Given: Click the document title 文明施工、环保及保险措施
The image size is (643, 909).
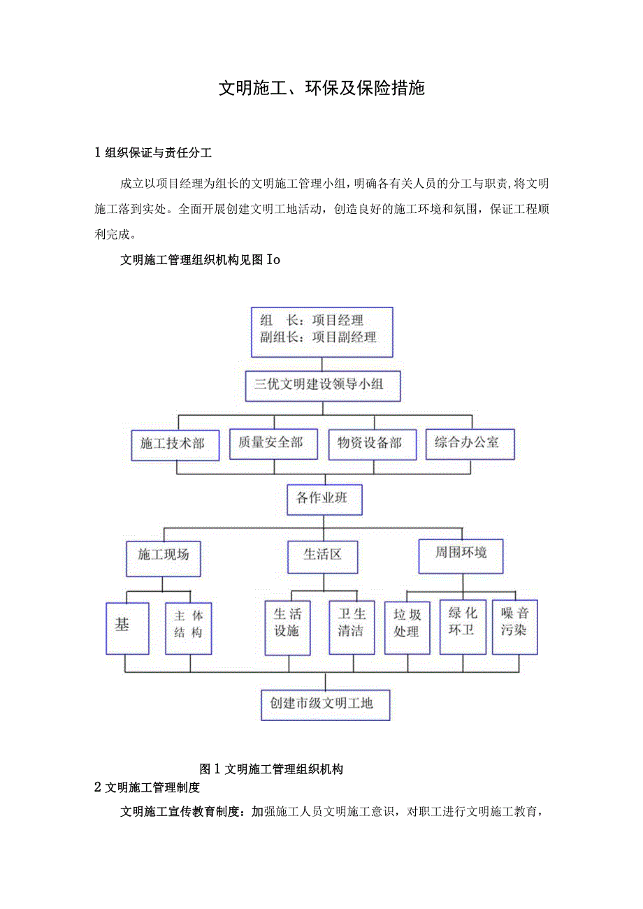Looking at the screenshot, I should (321, 88).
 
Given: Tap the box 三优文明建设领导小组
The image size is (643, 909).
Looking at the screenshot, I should (322, 385).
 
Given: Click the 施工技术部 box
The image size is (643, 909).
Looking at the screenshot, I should (175, 444).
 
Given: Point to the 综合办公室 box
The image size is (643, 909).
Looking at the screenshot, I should (470, 442).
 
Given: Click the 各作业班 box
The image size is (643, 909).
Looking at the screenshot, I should (324, 499).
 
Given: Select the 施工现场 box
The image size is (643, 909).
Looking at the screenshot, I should (163, 557).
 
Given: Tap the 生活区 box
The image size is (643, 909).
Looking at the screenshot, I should (323, 556).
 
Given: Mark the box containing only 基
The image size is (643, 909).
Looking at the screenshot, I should (127, 627).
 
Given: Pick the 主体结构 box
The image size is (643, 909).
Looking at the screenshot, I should (189, 627).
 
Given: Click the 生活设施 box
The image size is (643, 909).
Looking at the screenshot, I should (287, 627).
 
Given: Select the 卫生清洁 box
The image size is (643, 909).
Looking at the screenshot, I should (352, 627).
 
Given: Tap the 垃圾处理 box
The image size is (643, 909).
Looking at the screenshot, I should (407, 627).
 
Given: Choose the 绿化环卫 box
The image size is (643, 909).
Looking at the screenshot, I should (462, 625).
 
